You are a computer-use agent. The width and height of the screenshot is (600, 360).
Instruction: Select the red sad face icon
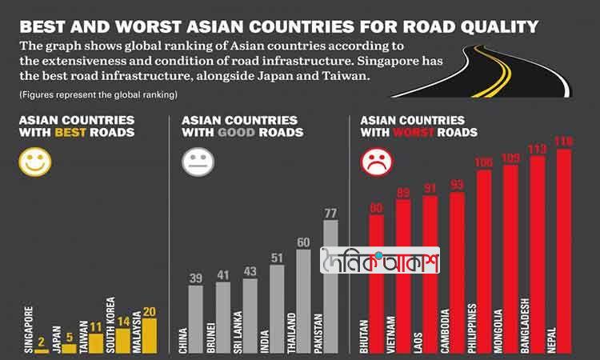point(374,162)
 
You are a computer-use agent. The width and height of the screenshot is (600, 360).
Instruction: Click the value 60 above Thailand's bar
point(303,242)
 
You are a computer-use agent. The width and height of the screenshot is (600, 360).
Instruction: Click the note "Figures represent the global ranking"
point(98,95)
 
